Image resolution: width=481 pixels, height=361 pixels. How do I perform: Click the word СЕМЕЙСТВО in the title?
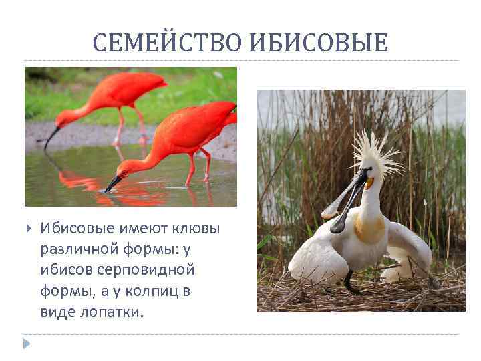point(169,43)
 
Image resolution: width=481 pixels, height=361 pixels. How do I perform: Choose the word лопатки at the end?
point(116,312)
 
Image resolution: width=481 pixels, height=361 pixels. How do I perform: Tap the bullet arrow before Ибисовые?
point(27,229)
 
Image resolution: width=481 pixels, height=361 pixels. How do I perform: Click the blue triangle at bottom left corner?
point(27,344)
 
